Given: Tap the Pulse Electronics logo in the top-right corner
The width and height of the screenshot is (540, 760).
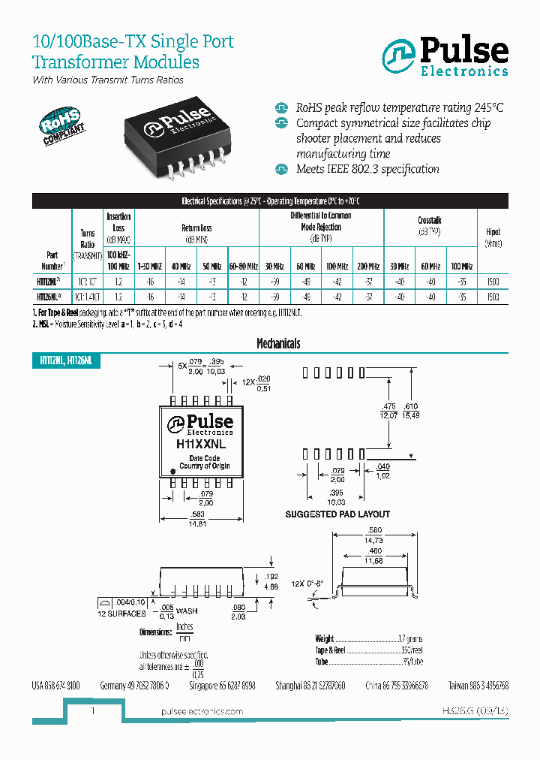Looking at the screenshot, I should [x=445, y=57].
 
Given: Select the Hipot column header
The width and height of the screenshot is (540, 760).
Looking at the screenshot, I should [x=493, y=237].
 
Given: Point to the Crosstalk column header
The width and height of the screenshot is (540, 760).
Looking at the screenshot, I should [x=429, y=226].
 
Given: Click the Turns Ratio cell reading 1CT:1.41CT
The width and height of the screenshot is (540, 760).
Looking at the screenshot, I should [x=88, y=297].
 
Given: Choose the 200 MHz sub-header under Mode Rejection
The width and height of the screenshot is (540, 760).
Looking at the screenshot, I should [x=367, y=267].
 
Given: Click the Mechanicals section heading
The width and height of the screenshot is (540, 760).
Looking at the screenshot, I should [x=278, y=343].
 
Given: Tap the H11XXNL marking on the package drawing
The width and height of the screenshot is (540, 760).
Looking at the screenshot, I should [x=201, y=445].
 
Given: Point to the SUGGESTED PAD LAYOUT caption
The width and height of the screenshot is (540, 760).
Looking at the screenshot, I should [x=337, y=514].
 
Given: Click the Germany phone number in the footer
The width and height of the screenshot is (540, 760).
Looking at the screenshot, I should [x=134, y=686].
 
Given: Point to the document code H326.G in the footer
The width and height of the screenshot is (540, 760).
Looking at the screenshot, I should [x=457, y=710].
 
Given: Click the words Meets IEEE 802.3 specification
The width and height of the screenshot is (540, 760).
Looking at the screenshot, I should [x=367, y=169].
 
